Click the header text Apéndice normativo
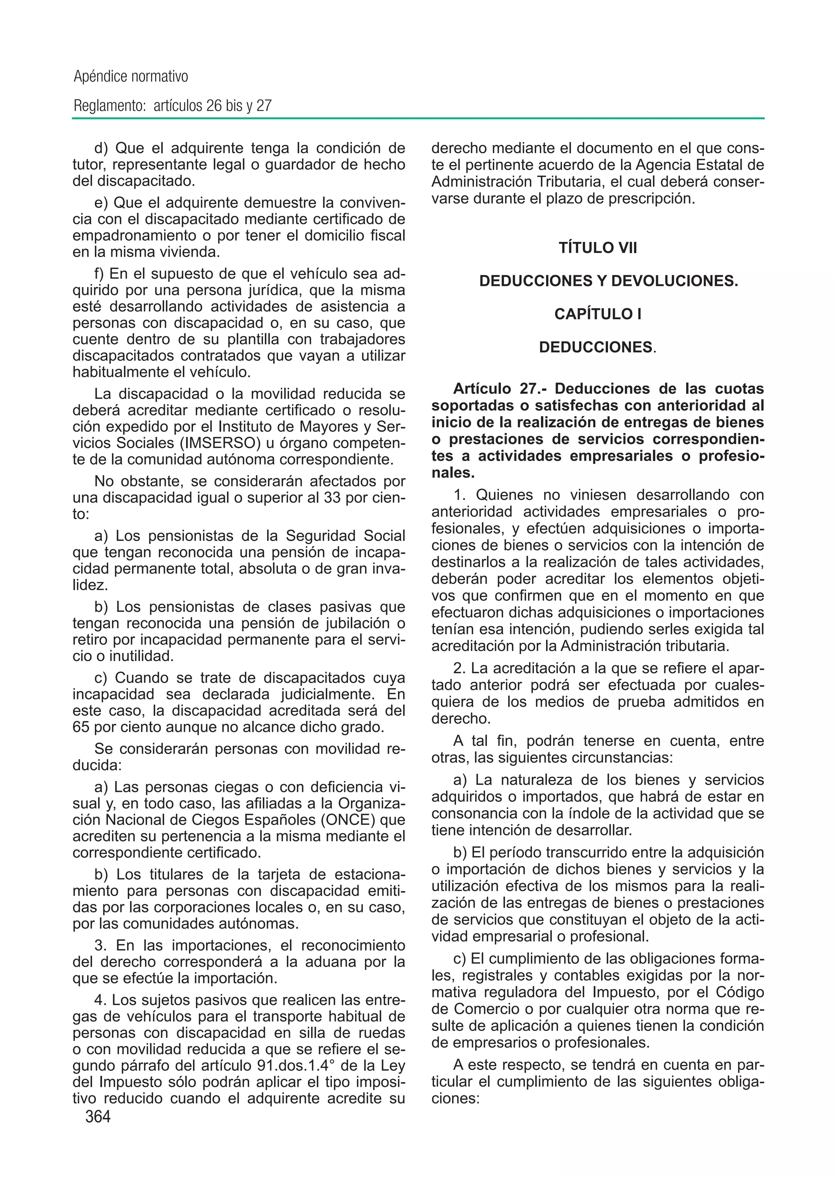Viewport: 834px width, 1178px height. [x=131, y=77]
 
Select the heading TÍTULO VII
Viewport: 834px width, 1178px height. [x=598, y=248]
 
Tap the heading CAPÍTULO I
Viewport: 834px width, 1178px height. [x=598, y=314]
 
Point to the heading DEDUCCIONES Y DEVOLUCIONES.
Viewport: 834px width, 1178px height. [x=608, y=281]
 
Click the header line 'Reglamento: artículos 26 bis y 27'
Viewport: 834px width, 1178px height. [x=173, y=106]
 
